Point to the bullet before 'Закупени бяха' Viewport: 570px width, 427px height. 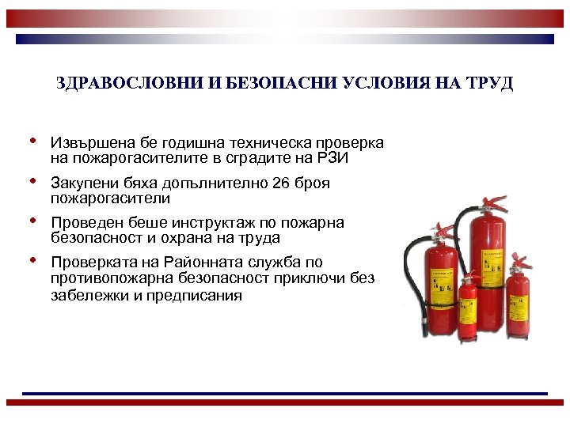click(x=32, y=181)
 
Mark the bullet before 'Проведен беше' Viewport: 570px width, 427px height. click(x=32, y=221)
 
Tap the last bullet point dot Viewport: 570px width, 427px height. click(x=32, y=260)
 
